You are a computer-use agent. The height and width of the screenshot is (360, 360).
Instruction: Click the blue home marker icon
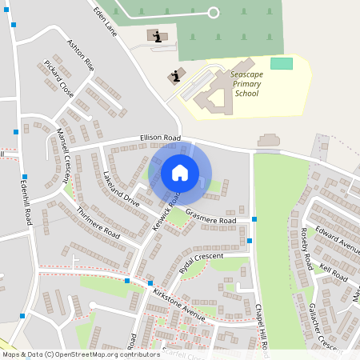point(180,173)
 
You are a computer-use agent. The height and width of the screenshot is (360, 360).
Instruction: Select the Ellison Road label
point(161,138)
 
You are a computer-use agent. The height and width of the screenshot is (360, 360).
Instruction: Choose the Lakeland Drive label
point(121,190)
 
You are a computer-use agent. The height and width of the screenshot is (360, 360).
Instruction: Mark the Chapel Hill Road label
point(261,329)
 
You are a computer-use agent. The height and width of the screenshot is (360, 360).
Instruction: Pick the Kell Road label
point(333,271)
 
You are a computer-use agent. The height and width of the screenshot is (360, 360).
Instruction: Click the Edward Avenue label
point(337,235)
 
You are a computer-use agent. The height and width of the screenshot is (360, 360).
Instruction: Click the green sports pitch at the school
point(282,63)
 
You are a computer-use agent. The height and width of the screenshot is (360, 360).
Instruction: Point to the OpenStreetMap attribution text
point(81,354)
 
